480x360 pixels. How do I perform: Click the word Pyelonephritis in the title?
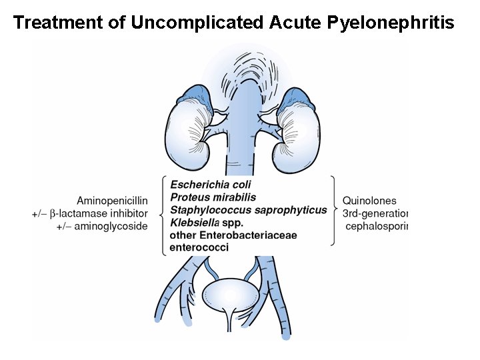(391, 23)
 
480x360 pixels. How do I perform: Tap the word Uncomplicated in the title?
(197, 23)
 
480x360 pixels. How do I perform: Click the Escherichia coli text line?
(212, 185)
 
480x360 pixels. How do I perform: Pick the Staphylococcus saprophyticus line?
(249, 210)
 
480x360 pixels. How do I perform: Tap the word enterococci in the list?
(199, 247)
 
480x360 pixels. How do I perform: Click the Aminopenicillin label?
(112, 201)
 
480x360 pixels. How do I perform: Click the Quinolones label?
(369, 201)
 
